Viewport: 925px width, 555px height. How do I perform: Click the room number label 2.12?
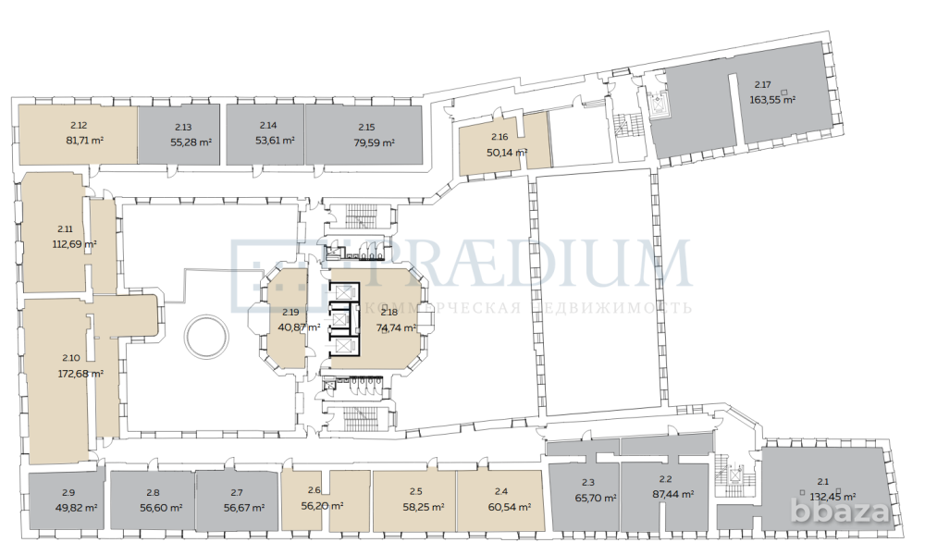(x=79, y=125)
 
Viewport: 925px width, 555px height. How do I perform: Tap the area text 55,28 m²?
(x=191, y=142)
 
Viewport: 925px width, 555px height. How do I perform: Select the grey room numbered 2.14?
(x=265, y=134)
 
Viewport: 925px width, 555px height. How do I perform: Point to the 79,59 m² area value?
(x=374, y=142)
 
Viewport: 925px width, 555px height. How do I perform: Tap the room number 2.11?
(x=65, y=228)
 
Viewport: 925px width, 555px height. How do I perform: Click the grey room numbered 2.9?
(x=67, y=500)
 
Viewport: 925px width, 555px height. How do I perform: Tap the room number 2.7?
(x=238, y=492)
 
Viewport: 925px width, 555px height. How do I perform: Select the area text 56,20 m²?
(x=323, y=506)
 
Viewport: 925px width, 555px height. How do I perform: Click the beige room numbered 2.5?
(x=413, y=499)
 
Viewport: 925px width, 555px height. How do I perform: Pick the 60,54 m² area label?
(x=509, y=507)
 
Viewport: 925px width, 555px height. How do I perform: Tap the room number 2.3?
(x=588, y=481)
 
